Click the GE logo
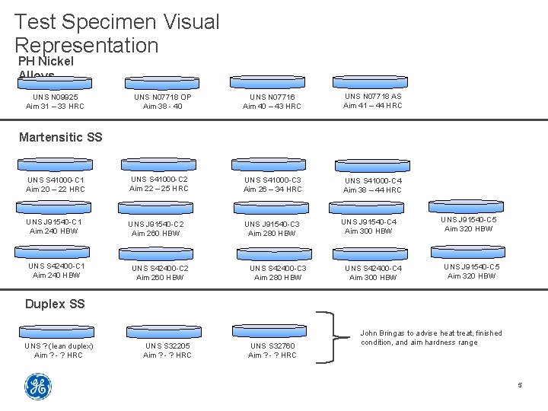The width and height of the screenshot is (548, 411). click(37, 387)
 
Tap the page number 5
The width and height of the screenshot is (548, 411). click(520, 385)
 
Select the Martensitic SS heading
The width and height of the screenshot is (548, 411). click(60, 138)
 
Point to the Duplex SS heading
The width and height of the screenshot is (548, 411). click(55, 304)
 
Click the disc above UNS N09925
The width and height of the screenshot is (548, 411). click(54, 83)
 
